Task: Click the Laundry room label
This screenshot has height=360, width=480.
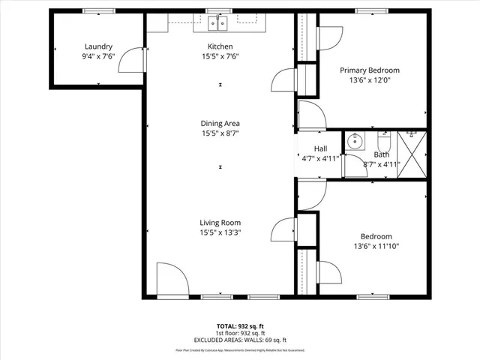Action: (97, 46)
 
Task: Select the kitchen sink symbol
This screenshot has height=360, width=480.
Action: (218, 24)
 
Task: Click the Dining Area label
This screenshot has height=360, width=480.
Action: (220, 124)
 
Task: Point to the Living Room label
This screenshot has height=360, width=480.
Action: (220, 223)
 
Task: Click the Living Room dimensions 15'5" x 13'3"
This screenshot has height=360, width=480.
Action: (220, 232)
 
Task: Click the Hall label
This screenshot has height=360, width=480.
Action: (320, 148)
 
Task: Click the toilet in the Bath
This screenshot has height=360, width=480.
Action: (383, 140)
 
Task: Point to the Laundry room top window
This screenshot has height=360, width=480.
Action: (94, 10)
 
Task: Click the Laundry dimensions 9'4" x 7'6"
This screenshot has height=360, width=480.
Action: (97, 55)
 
